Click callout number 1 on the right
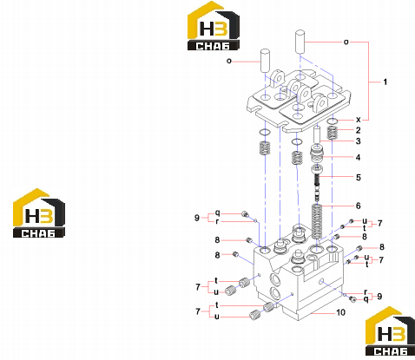pyautogui.click(x=385, y=82)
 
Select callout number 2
pyautogui.click(x=359, y=130)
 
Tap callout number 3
pyautogui.click(x=359, y=141)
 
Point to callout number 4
pyautogui.click(x=359, y=158)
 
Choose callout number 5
pyautogui.click(x=359, y=177)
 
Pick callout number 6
pyautogui.click(x=359, y=206)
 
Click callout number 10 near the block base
pyautogui.click(x=340, y=312)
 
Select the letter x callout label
pyautogui.click(x=359, y=120)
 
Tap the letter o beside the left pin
pyautogui.click(x=229, y=61)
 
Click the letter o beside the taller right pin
pyautogui.click(x=346, y=43)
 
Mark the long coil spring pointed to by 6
pyautogui.click(x=317, y=221)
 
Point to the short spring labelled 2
pyautogui.click(x=333, y=134)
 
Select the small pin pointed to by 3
pyautogui.click(x=317, y=134)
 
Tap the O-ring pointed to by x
pyautogui.click(x=333, y=121)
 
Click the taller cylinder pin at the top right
pyautogui.click(x=300, y=42)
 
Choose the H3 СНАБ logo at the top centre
pyautogui.click(x=214, y=26)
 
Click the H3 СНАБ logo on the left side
pyautogui.click(x=39, y=213)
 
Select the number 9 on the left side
pyautogui.click(x=197, y=218)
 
